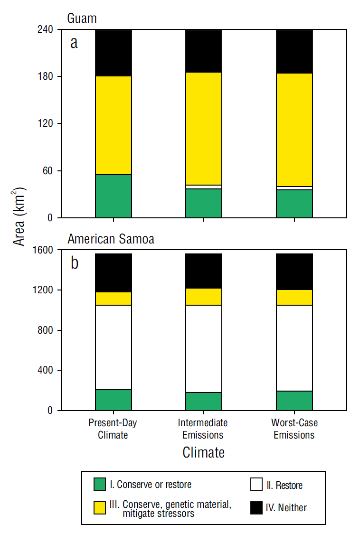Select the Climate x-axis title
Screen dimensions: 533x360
(203, 452)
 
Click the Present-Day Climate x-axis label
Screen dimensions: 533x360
(113, 428)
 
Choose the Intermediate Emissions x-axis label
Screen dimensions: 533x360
(203, 428)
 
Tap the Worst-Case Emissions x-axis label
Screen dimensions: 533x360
(294, 428)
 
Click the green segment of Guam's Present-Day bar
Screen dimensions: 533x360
(114, 196)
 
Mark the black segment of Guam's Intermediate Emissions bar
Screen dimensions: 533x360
(204, 51)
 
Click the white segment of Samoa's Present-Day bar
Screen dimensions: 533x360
(114, 347)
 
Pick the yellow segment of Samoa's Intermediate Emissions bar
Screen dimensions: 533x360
(204, 297)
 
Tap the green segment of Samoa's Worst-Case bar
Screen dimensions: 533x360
(294, 401)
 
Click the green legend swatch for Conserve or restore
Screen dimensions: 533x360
(99, 484)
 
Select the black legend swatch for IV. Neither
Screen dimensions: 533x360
(256, 507)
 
